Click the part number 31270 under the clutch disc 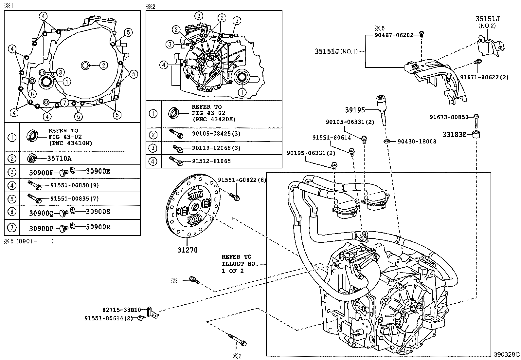(188, 250)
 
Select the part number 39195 (355, 110)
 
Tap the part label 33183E (454, 135)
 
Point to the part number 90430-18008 (417, 141)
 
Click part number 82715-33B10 (122, 310)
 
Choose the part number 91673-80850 (449, 117)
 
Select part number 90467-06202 (394, 35)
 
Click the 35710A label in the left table (59, 159)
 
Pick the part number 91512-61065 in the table (211, 161)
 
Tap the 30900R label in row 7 (98, 227)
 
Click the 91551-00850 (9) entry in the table (74, 185)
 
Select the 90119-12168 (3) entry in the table (216, 148)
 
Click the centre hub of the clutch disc (194, 206)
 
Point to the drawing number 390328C (507, 354)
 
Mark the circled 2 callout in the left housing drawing (103, 66)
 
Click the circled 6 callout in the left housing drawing (32, 94)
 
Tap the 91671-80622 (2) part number (484, 77)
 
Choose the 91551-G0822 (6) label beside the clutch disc (242, 180)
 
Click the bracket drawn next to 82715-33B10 (153, 313)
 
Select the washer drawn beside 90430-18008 (386, 141)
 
